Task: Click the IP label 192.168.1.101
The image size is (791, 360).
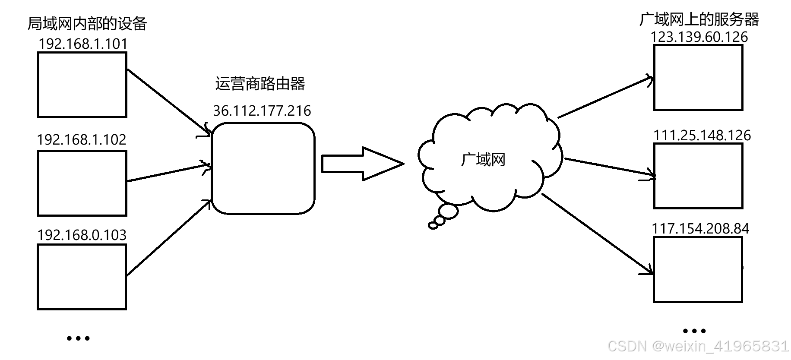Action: (x=83, y=44)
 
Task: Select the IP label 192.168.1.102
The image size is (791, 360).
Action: (x=82, y=140)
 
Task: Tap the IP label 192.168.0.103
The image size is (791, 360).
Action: (x=82, y=235)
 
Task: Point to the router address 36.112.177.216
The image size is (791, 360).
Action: (x=262, y=111)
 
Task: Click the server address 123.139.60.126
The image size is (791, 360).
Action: (x=699, y=37)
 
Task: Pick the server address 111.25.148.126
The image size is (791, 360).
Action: (x=702, y=136)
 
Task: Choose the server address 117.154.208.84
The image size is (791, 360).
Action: (x=700, y=229)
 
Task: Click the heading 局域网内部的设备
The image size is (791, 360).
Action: (x=87, y=24)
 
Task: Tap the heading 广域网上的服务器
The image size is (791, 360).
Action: (x=699, y=19)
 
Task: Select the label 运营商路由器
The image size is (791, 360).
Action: (x=260, y=84)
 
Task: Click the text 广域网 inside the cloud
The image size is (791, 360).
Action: (x=483, y=160)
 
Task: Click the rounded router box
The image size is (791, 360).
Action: (x=263, y=168)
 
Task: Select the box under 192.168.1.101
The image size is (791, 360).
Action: (x=82, y=85)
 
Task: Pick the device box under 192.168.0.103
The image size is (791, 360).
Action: (x=82, y=277)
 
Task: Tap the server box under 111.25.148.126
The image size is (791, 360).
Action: (x=698, y=176)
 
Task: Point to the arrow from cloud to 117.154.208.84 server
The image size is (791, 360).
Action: (x=597, y=234)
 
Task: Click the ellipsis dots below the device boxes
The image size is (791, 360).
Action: (x=78, y=338)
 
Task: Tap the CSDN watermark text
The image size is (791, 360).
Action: (x=698, y=346)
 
